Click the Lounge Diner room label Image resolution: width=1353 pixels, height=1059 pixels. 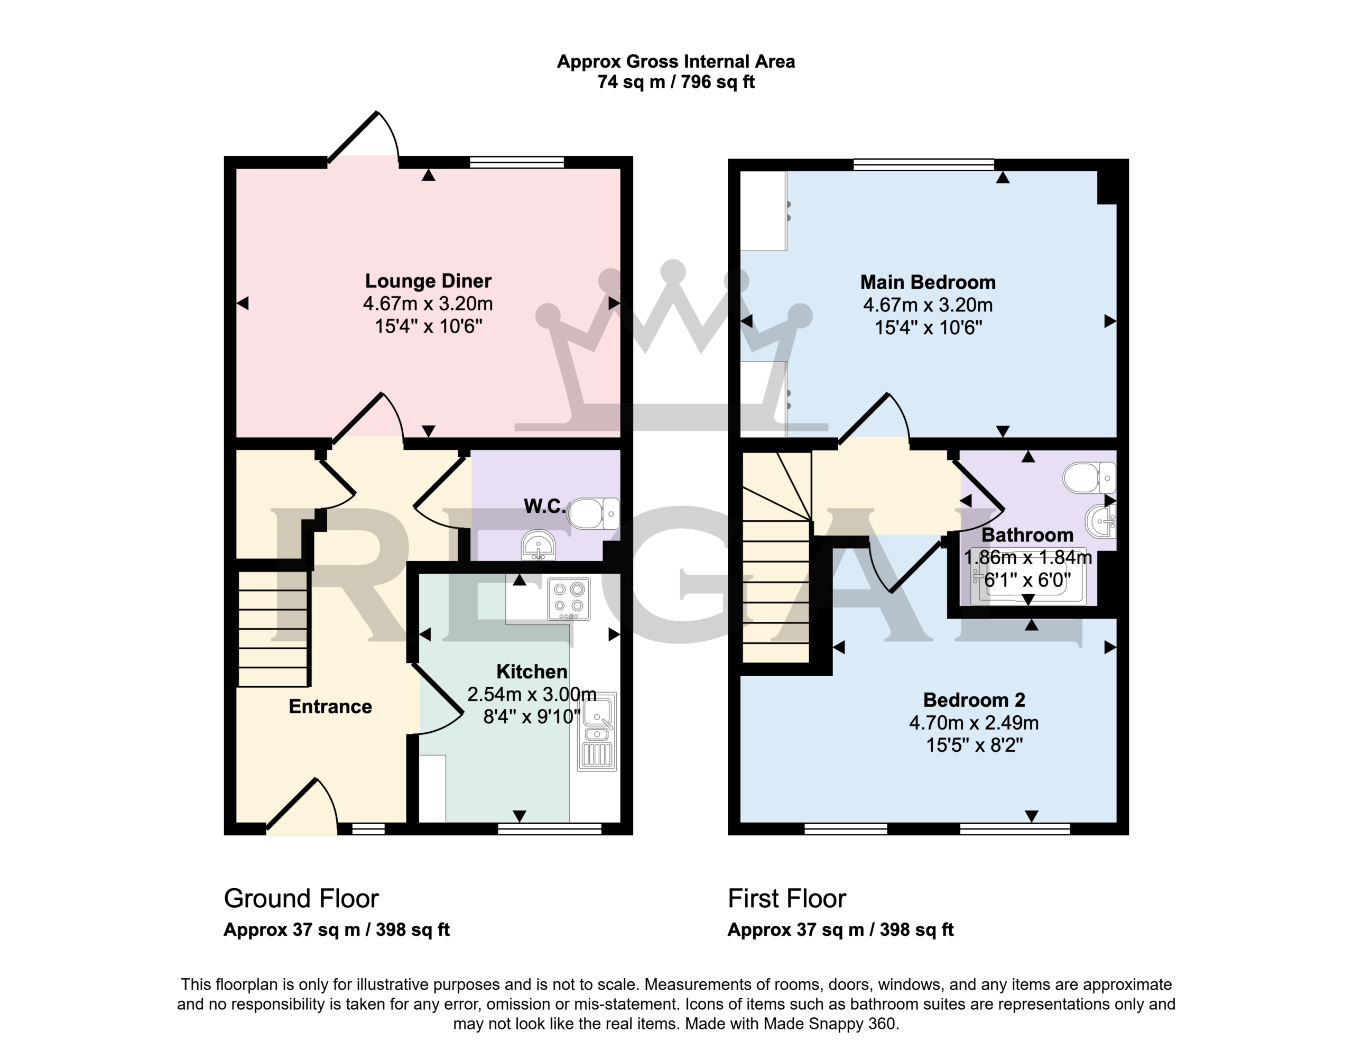[x=428, y=281]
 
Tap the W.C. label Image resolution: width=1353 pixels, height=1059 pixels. [x=545, y=506]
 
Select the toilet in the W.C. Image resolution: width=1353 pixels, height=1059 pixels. [x=593, y=513]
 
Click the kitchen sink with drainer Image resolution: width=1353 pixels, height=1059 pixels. [x=597, y=732]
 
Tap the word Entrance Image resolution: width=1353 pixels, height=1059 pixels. [x=330, y=706]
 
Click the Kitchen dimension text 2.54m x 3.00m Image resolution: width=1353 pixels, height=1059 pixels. [x=532, y=694]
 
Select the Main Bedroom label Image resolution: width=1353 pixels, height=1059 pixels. [x=928, y=282]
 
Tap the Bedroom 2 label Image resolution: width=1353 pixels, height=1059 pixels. [x=974, y=700]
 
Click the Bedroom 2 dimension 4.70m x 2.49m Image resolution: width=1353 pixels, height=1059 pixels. [x=974, y=722]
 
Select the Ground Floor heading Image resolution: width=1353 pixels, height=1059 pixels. [x=301, y=898]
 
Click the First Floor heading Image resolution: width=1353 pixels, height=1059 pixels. [x=786, y=898]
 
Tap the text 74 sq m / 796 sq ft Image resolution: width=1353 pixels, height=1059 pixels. [x=675, y=82]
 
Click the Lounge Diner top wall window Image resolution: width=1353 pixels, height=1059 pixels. [x=517, y=162]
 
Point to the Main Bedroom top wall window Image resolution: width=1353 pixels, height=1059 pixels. [x=923, y=164]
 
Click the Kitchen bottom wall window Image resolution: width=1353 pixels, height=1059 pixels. [x=550, y=829]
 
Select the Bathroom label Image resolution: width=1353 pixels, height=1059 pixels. [x=1027, y=535]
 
